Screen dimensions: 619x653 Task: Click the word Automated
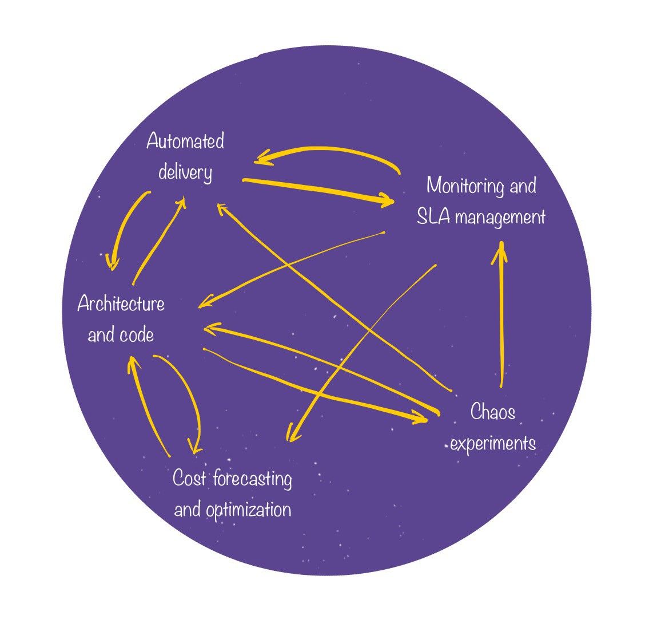point(185,141)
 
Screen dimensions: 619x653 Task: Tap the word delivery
point(185,172)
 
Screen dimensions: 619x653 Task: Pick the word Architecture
point(121,303)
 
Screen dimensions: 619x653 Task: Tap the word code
point(138,334)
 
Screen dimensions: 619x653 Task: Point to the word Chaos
point(492,412)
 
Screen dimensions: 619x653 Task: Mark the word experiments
point(493,443)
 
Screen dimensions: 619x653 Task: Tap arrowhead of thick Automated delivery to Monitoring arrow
point(389,201)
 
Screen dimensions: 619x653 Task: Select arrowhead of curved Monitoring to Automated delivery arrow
point(260,157)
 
